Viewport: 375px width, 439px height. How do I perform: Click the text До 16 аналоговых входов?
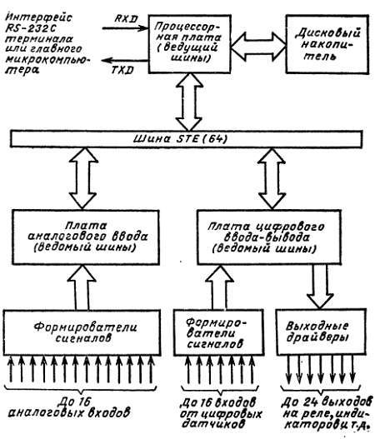click(x=82, y=404)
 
